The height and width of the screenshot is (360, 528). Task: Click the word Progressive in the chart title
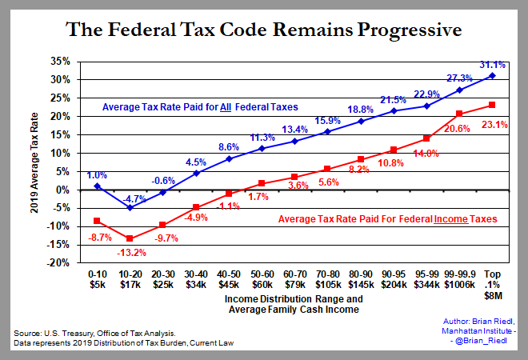point(403,31)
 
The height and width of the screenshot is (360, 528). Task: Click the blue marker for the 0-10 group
point(97,186)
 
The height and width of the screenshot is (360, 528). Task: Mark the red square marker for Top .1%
point(492,105)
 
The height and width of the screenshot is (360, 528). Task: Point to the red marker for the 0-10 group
point(97,221)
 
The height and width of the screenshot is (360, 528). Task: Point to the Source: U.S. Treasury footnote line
point(92,332)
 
